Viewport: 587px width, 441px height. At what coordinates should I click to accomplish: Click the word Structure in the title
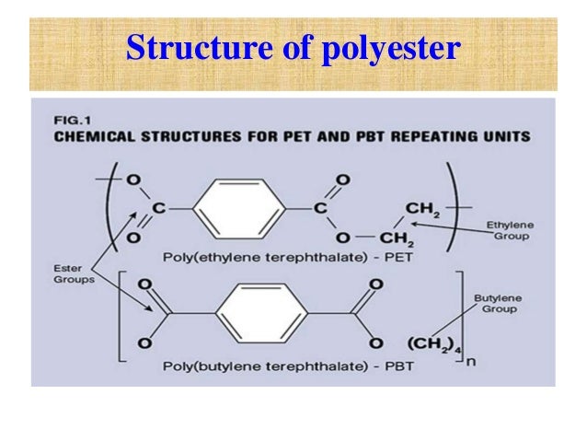[x=184, y=48]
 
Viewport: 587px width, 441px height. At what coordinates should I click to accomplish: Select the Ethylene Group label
[x=511, y=228]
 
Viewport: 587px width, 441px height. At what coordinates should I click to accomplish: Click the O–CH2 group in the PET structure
[x=400, y=239]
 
